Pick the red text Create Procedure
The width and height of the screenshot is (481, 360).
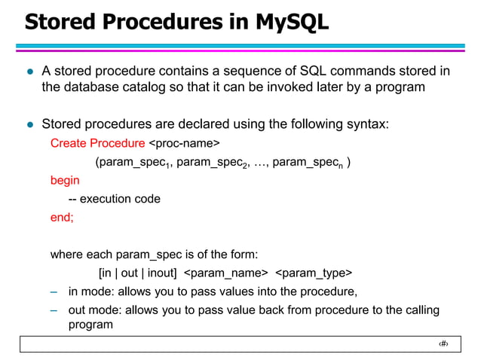97,143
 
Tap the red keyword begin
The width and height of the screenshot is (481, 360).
65,181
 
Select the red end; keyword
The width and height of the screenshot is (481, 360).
62,218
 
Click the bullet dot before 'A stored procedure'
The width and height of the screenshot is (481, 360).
31,72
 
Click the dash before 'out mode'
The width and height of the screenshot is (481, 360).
54,310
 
